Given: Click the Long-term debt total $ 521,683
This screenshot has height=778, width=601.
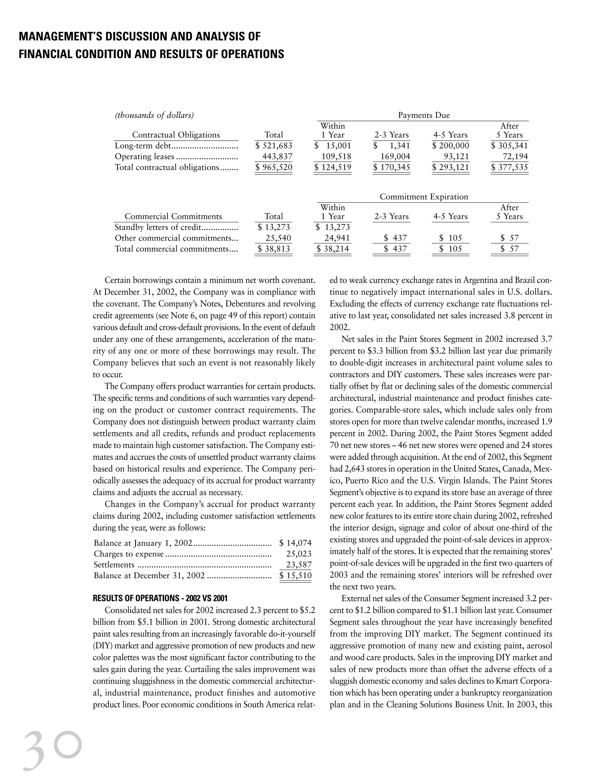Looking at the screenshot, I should point(274,145).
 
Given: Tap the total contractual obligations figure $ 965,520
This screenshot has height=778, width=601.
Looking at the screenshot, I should point(274,167).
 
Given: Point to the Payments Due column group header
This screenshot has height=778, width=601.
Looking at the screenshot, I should point(424,115).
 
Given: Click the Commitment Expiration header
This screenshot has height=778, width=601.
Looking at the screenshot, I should point(424,197).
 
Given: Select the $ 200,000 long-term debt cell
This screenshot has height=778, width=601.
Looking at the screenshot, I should point(450,145).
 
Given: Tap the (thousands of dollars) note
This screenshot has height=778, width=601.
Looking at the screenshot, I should point(154,115).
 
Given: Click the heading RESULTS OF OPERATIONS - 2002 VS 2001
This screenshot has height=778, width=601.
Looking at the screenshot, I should point(160,598).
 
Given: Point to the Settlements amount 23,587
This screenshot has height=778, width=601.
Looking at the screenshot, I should point(299,565).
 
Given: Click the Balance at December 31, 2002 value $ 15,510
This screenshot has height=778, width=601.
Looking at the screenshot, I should point(296,575).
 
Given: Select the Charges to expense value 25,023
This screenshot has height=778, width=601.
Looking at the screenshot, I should point(299,554).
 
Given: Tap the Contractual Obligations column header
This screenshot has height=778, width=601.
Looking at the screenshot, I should point(176,135).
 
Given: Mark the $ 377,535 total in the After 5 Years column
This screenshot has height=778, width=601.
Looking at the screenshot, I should point(509,167).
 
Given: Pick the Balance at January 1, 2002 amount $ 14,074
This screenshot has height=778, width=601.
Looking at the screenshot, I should point(296,543).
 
